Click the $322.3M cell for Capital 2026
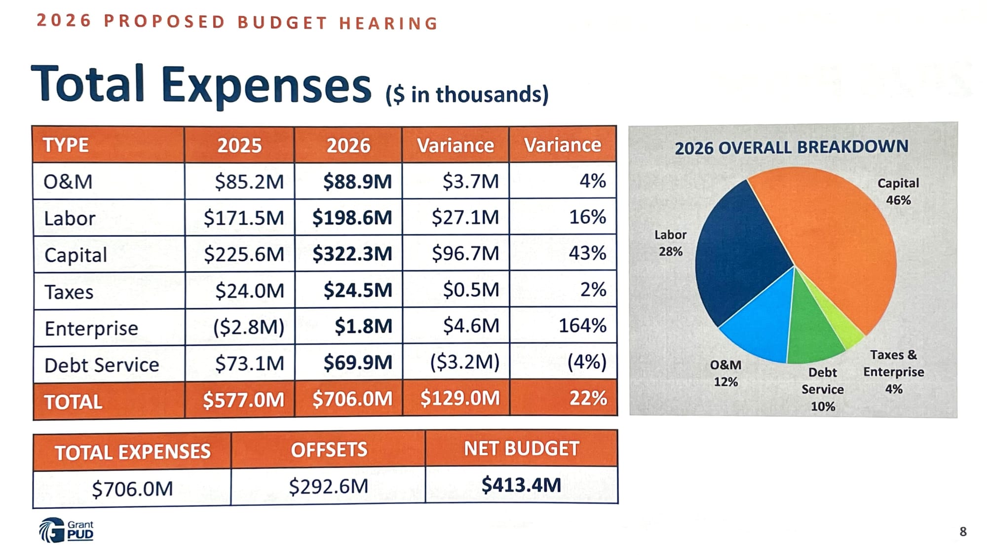tap(352, 254)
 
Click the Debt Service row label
tap(102, 365)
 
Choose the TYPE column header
tap(66, 145)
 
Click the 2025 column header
tap(239, 145)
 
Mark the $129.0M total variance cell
tap(460, 398)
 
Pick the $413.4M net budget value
tap(521, 485)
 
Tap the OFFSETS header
tap(329, 449)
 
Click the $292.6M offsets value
tap(329, 486)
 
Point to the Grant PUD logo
tap(66, 530)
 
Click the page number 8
tap(963, 532)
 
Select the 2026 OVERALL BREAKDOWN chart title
tap(792, 147)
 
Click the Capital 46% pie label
tap(898, 191)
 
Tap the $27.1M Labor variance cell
tap(465, 217)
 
